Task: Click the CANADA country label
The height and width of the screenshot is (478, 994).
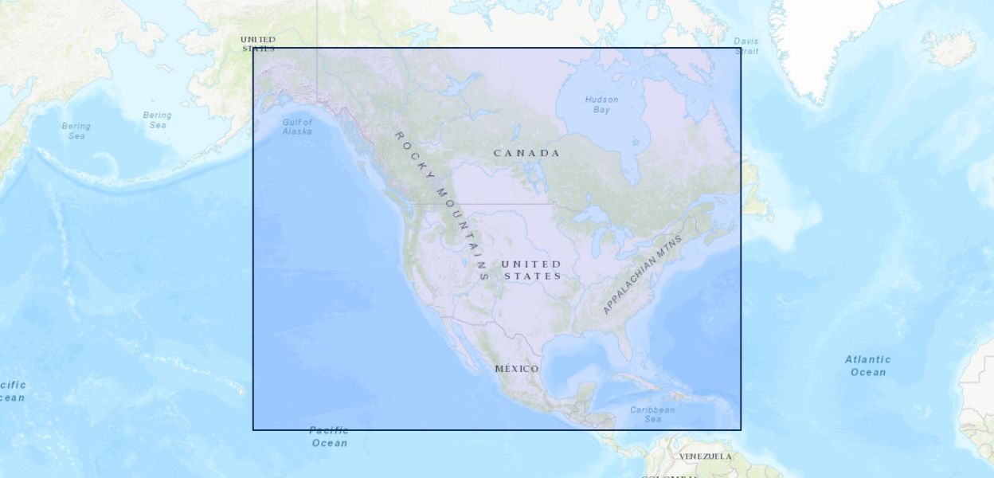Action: (526, 153)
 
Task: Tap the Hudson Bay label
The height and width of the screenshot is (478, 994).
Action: (601, 104)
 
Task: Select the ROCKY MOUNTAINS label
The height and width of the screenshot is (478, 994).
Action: (440, 205)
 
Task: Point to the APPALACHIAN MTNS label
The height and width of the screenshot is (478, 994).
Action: (643, 274)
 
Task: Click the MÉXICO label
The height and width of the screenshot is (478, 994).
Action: (517, 369)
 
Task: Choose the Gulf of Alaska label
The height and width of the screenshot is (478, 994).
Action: (297, 127)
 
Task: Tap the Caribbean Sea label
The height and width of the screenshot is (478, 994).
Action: (652, 414)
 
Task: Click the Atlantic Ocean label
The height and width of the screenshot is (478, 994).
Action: (867, 366)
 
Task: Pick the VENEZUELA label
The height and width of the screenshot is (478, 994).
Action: (705, 456)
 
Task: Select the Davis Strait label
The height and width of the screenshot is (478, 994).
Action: (746, 46)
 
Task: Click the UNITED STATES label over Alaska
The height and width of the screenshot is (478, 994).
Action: (258, 44)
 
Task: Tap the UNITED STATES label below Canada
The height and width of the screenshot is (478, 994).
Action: (532, 270)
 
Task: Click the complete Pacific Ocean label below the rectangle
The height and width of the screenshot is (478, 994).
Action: (329, 437)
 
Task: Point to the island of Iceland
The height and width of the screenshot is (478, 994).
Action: (949, 48)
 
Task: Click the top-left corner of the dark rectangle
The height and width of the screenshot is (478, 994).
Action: (253, 48)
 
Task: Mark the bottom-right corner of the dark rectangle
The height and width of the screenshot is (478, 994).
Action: (741, 430)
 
